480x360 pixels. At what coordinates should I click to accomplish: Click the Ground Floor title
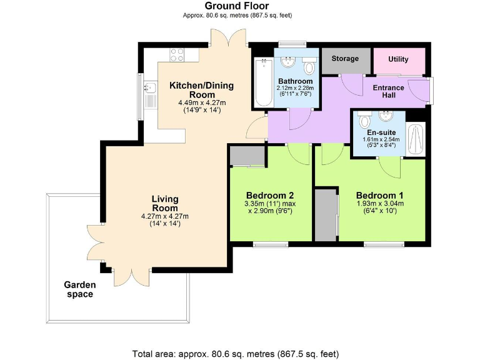[237, 6]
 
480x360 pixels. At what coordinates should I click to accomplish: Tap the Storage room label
[345, 59]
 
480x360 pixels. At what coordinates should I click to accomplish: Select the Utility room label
[398, 59]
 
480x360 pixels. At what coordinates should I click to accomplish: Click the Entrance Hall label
[388, 91]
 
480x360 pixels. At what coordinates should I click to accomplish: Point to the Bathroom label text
[295, 81]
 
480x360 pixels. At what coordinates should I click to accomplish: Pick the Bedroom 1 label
[380, 194]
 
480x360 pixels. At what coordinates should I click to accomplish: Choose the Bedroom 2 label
[270, 194]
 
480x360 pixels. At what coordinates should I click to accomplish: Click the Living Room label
[165, 203]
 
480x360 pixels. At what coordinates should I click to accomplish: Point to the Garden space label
[80, 289]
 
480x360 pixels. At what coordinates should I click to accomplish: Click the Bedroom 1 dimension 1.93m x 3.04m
[380, 203]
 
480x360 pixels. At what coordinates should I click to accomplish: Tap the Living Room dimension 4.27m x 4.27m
[165, 216]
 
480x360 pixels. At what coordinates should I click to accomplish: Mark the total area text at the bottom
[236, 353]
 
